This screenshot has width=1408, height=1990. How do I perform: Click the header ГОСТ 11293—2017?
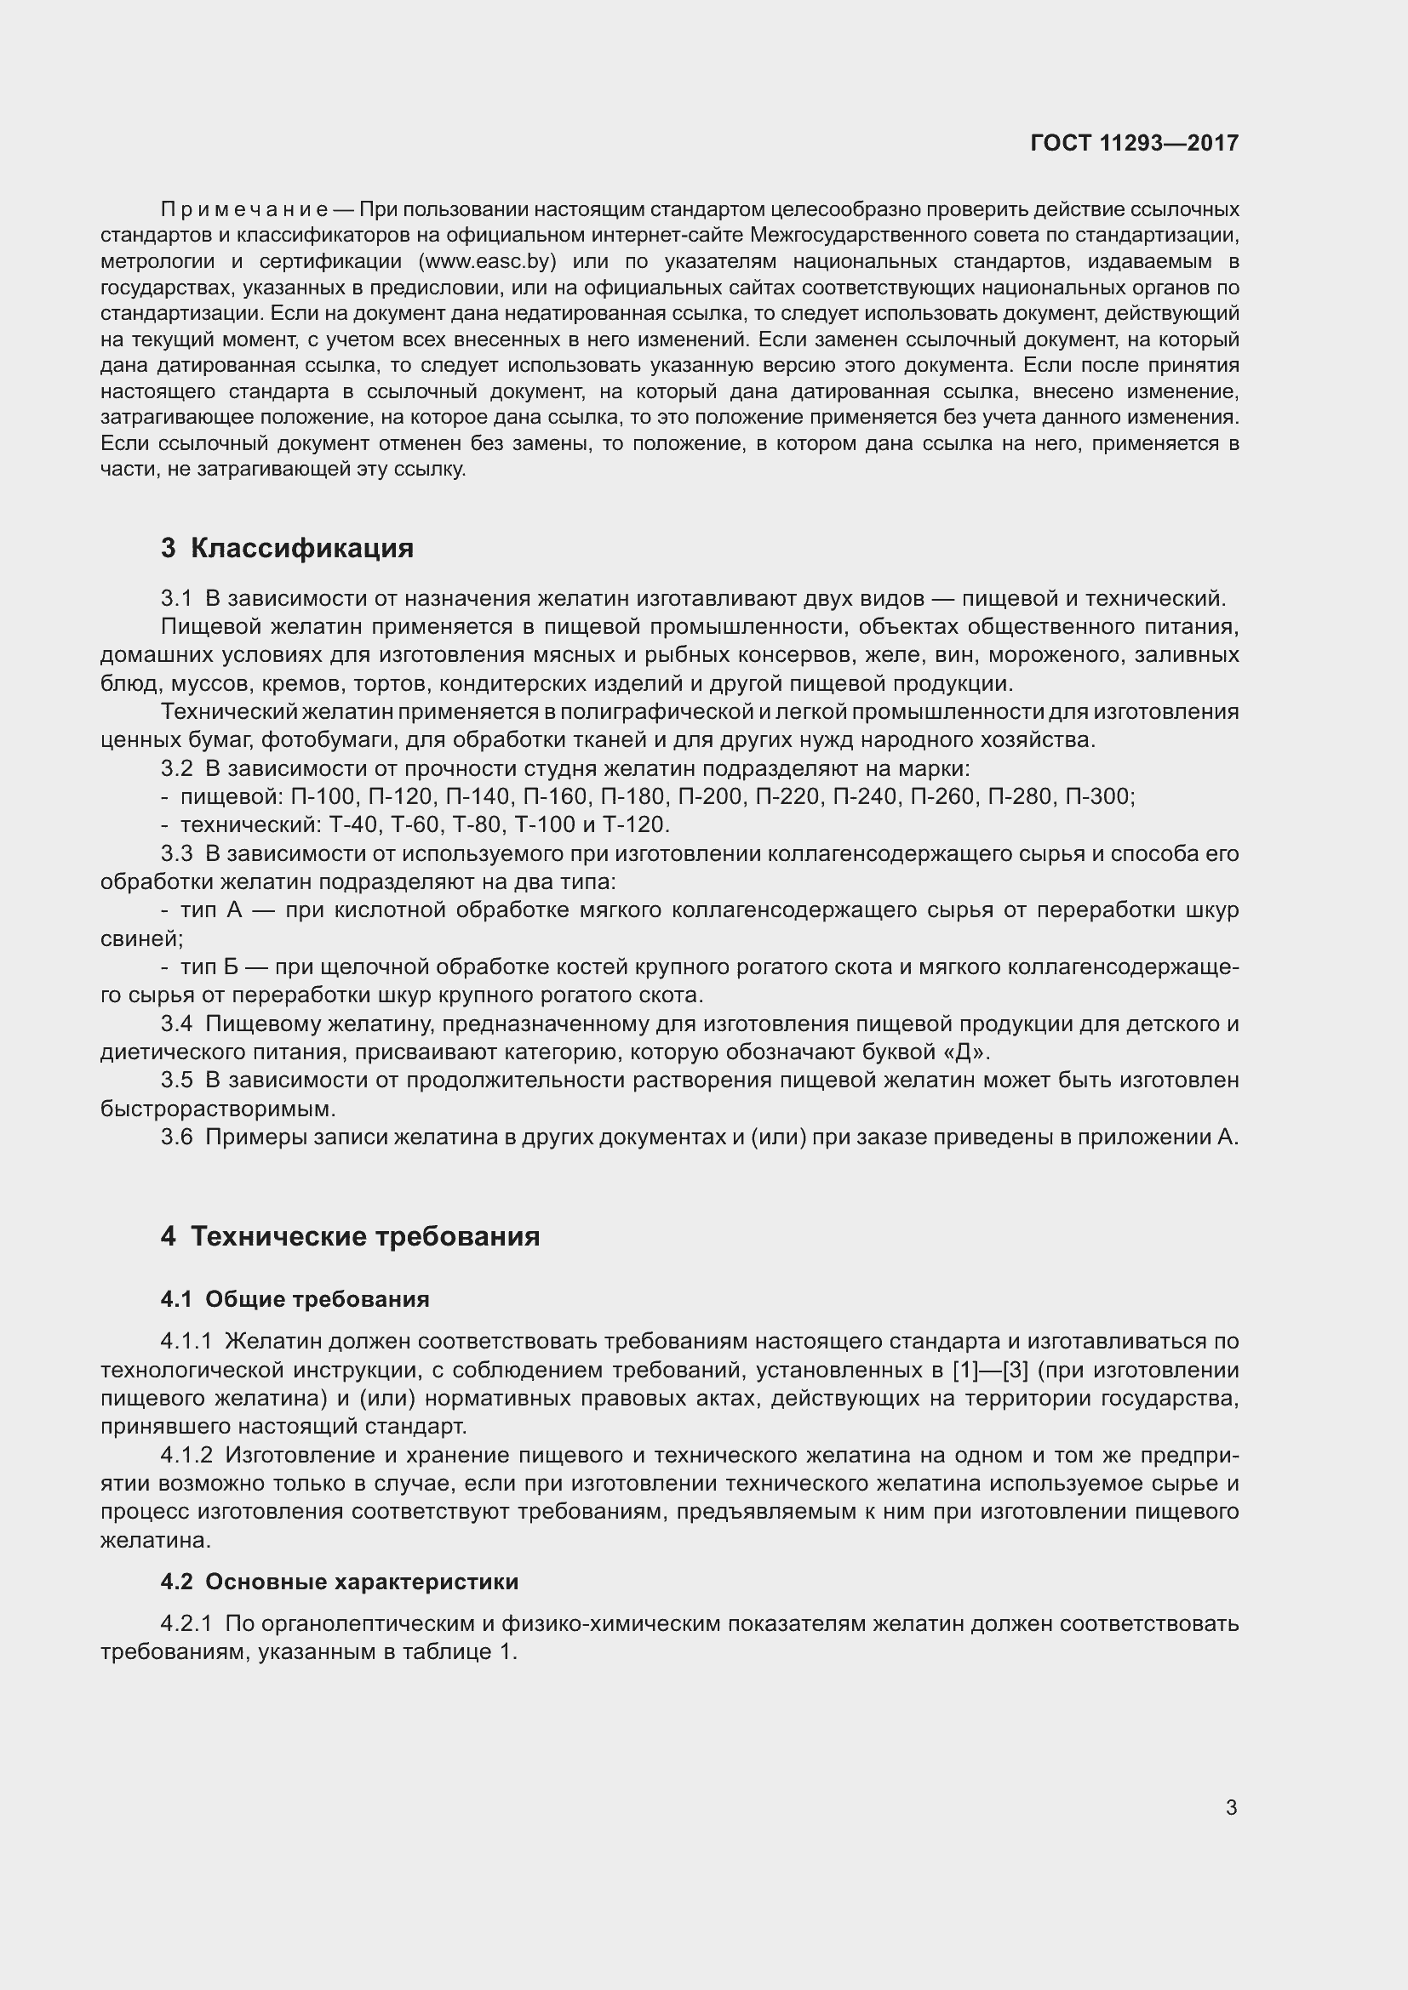click(1134, 143)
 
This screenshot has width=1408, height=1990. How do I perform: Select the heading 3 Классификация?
click(287, 548)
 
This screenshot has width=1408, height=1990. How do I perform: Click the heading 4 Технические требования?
click(350, 1236)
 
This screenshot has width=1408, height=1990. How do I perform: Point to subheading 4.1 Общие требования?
click(295, 1299)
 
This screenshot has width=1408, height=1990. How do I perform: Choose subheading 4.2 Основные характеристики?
click(339, 1582)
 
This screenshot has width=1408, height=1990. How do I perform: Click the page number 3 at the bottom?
click(1231, 1808)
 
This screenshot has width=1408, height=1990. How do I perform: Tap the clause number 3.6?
click(177, 1138)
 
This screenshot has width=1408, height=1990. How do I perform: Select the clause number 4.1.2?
click(186, 1455)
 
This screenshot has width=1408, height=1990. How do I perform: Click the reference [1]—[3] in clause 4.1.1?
click(990, 1371)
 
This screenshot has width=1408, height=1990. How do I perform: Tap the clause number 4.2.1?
click(186, 1623)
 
